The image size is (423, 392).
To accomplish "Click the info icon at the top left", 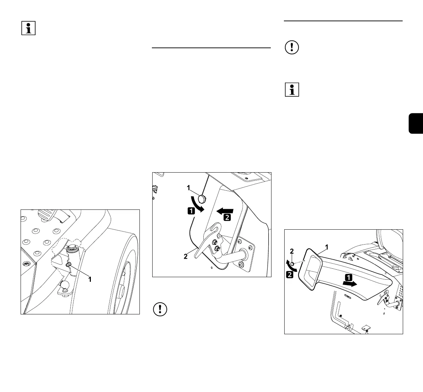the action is click(29, 28).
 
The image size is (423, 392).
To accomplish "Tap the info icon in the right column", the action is click(292, 90).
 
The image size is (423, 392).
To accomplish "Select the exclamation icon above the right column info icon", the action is click(292, 48).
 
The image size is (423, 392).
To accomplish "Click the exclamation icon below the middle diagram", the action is click(160, 309).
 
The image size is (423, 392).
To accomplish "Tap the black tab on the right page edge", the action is click(416, 123).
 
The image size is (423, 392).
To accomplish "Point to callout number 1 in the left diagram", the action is click(90, 279).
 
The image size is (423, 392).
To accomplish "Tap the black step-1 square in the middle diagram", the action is click(191, 211).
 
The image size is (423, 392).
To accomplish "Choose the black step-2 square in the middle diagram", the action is click(227, 217).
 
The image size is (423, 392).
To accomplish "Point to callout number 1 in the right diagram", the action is click(326, 246).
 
